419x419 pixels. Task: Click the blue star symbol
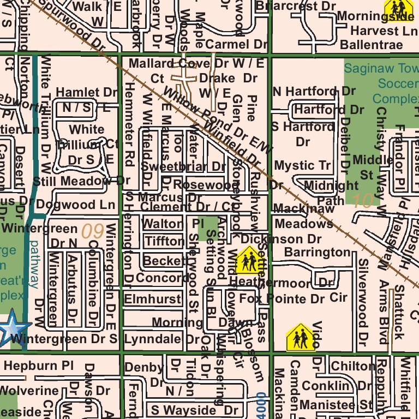[x=13, y=328]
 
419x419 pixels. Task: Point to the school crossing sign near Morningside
[x=398, y=8]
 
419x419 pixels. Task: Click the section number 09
[x=92, y=231]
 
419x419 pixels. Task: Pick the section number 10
[x=362, y=201]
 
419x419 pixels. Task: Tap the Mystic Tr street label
[x=302, y=165]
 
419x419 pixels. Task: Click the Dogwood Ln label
[x=76, y=205]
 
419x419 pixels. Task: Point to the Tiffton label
[x=164, y=241]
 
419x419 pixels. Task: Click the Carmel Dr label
[x=237, y=44]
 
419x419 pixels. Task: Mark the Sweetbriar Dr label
[x=183, y=166]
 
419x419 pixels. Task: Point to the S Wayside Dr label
[x=195, y=410]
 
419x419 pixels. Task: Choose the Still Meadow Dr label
[x=81, y=181]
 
